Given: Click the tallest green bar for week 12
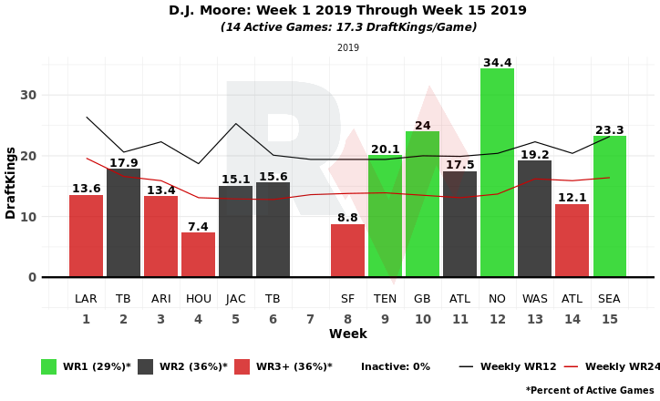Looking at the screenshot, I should tap(497, 173).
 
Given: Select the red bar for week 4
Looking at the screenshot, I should tap(198, 255).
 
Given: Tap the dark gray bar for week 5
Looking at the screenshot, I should tap(235, 231).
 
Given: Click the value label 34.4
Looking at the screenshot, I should tap(497, 63).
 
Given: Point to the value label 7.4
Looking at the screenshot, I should tap(198, 227).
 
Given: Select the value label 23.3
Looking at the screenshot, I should tap(610, 130).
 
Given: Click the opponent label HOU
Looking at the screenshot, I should tap(198, 299).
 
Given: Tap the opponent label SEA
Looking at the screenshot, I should tap(610, 299).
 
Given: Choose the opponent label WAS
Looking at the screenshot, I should tap(535, 299).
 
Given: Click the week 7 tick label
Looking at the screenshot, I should tap(310, 320).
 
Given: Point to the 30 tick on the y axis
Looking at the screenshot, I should tap(28, 95).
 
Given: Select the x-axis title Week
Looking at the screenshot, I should tap(347, 334).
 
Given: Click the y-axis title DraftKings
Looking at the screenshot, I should tap(11, 182).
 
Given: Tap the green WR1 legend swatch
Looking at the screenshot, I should tap(48, 366).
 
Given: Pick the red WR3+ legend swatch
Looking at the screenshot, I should tap(242, 366).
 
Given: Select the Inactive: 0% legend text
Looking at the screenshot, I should tap(395, 366).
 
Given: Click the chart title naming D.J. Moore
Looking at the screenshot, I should tap(347, 11).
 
